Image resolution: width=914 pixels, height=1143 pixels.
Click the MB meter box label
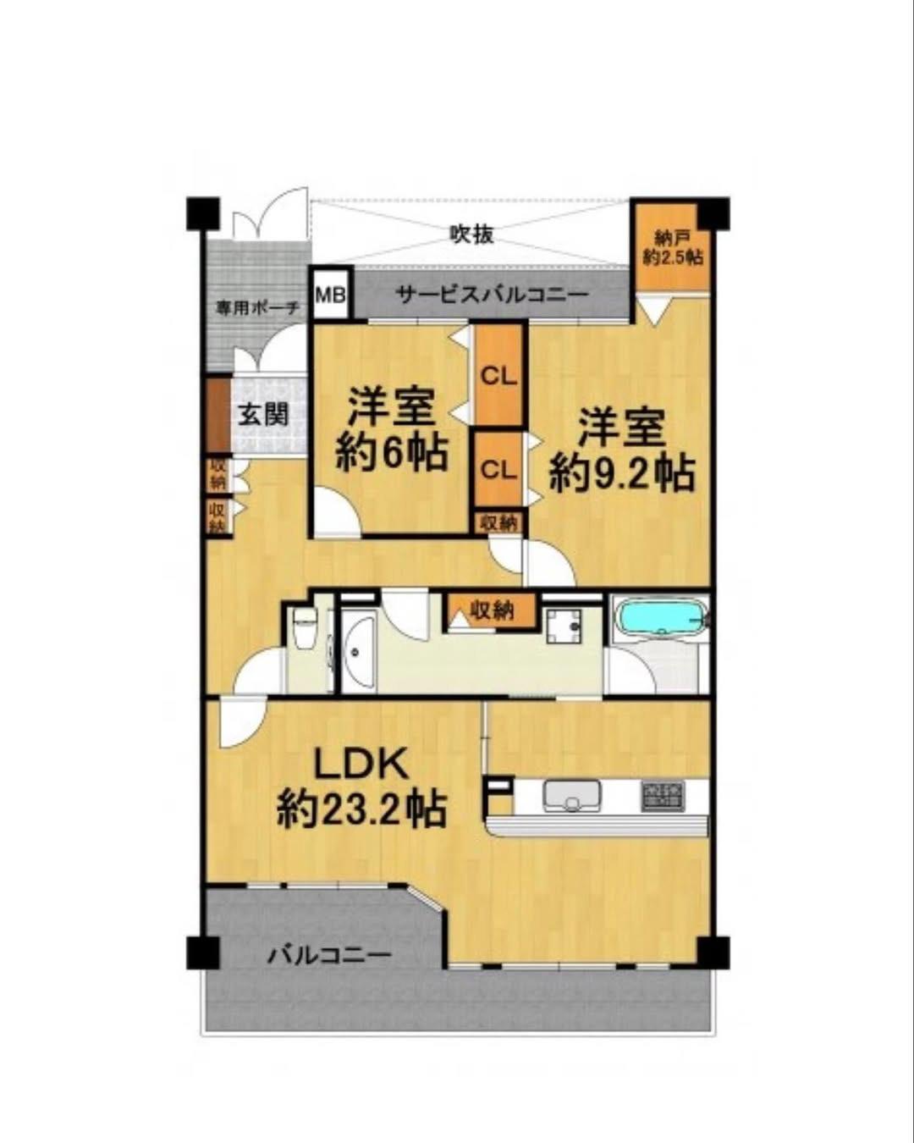click(x=332, y=295)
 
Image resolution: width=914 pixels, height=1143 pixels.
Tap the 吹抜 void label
click(x=471, y=234)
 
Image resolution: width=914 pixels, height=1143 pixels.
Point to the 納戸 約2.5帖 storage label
click(x=673, y=249)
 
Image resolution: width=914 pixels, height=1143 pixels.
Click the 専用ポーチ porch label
click(x=257, y=308)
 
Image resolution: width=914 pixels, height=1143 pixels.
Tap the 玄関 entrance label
click(x=263, y=414)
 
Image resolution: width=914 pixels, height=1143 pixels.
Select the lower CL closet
click(x=498, y=470)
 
